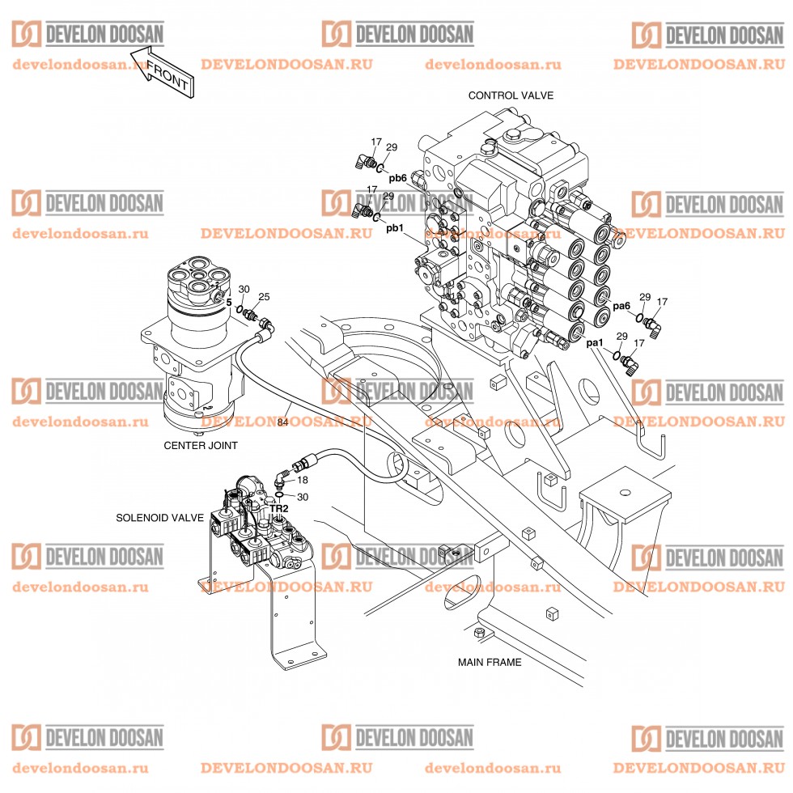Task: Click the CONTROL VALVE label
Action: pos(511,95)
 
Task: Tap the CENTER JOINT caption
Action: pos(201,445)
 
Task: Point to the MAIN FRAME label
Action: pos(490,662)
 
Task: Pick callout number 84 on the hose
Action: pos(282,422)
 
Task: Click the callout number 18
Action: pos(303,480)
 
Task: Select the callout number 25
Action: pos(264,297)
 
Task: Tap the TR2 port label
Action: pos(279,509)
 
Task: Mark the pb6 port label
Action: pos(397,178)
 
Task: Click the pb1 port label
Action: pos(395,229)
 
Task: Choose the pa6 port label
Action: pos(621,307)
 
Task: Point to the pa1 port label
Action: pos(595,344)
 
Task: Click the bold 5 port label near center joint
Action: pos(229,303)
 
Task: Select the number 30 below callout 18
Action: pos(303,497)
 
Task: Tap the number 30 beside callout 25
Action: pos(244,289)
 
